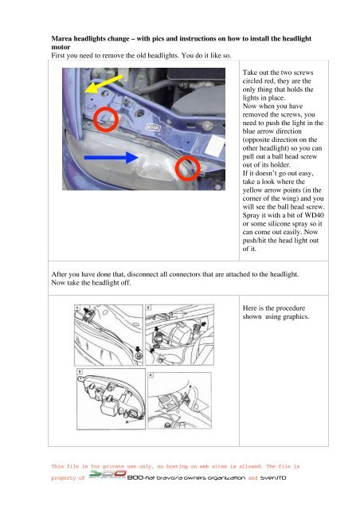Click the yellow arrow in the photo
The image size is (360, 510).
(104, 84)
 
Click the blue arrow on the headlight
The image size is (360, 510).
(112, 158)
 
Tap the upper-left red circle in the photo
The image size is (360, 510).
(106, 120)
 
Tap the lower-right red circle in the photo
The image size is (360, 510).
(188, 168)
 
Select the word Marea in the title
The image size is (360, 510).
(61, 38)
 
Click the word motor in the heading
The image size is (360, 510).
(61, 47)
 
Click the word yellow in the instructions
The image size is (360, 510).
(252, 190)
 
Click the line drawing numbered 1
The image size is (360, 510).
(108, 335)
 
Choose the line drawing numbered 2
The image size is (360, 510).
(179, 335)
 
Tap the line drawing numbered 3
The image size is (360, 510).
(111, 399)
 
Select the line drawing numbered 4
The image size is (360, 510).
(179, 401)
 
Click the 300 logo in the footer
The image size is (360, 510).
(108, 475)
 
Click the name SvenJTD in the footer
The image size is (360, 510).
(273, 478)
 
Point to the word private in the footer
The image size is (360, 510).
(114, 466)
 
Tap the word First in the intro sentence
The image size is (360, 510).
(58, 56)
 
